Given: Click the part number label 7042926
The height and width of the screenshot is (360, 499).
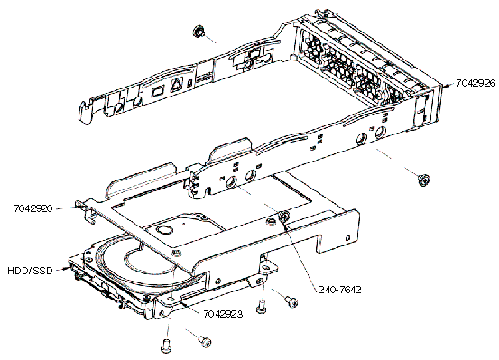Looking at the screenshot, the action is click(x=476, y=83).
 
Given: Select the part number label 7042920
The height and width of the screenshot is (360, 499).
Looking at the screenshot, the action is click(x=33, y=208).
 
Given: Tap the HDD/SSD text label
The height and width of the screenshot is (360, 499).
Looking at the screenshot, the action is click(x=31, y=271).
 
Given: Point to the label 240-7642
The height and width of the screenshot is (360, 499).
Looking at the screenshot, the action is click(x=339, y=290).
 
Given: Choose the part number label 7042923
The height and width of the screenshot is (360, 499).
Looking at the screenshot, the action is click(x=223, y=314).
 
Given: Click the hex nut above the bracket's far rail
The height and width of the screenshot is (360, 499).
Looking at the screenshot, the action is click(x=199, y=32).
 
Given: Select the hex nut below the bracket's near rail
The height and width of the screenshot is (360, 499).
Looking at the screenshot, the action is click(x=423, y=180).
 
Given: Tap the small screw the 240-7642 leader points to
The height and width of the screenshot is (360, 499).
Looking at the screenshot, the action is click(x=283, y=217).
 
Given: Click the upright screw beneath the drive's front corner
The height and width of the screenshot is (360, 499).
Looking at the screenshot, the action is click(x=165, y=346).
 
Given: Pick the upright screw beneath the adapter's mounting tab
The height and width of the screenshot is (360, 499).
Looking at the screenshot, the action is click(x=261, y=306).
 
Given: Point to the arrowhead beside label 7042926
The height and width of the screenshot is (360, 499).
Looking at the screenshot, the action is click(x=448, y=85).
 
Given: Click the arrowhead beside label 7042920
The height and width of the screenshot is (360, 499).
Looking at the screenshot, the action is click(x=75, y=208).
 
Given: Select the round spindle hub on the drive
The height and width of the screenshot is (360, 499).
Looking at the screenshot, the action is click(x=165, y=230).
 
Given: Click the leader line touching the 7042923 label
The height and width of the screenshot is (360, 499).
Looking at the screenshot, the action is click(x=191, y=308).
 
